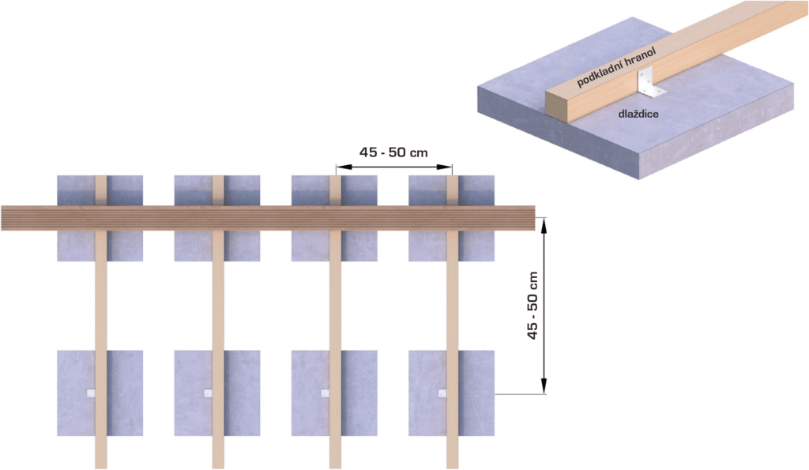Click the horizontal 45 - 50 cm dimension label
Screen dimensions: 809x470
pyautogui.click(x=393, y=152)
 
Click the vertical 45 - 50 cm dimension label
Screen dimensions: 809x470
pyautogui.click(x=532, y=306)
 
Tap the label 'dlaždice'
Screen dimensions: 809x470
pyautogui.click(x=638, y=114)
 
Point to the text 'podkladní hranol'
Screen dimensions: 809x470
pyautogui.click(x=616, y=67)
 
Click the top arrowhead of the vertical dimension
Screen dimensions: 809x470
pyautogui.click(x=544, y=225)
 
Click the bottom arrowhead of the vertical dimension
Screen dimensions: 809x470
pyautogui.click(x=544, y=386)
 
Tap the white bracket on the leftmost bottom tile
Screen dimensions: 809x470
pyautogui.click(x=91, y=393)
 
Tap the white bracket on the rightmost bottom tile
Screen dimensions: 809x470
pyautogui.click(x=442, y=393)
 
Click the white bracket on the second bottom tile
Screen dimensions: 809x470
pyautogui.click(x=208, y=393)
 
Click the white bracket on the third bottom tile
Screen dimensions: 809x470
pyautogui.click(x=325, y=393)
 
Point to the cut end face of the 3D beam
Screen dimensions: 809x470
pyautogui.click(x=557, y=106)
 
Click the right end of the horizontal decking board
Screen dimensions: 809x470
pyautogui.click(x=535, y=218)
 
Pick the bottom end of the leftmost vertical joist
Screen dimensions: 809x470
pyautogui.click(x=101, y=468)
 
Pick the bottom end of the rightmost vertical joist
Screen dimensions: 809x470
pyautogui.click(x=453, y=468)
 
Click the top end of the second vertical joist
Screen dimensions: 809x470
pyautogui.click(x=218, y=176)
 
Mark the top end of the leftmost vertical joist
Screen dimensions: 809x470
pyautogui.click(x=101, y=176)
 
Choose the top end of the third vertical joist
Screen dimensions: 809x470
pyautogui.click(x=335, y=176)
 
